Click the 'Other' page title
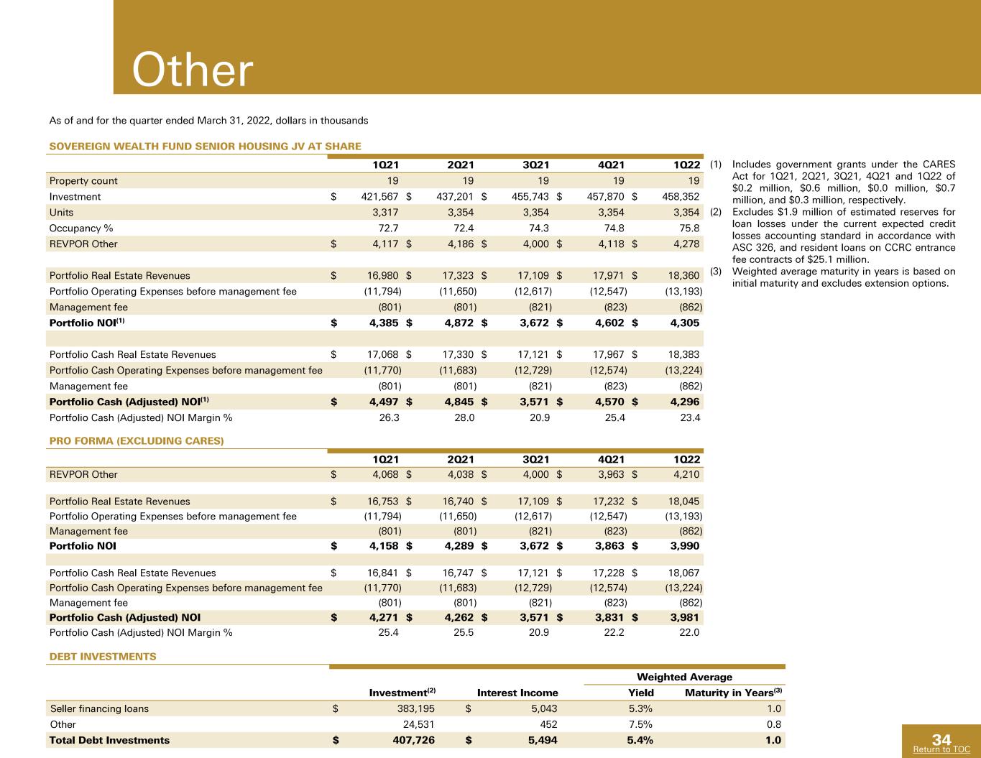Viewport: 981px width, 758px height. point(193,70)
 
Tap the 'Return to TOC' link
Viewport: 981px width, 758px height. point(941,749)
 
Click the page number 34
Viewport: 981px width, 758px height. point(941,739)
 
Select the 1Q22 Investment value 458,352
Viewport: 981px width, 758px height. point(681,197)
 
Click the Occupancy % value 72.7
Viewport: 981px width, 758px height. point(388,228)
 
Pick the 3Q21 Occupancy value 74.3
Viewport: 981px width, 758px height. point(539,228)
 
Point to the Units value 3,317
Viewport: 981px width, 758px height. point(385,213)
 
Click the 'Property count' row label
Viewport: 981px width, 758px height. point(83,181)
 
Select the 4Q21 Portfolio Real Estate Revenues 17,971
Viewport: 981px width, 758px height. point(608,276)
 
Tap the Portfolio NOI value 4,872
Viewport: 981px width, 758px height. point(459,323)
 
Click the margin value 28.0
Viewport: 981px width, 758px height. point(464,418)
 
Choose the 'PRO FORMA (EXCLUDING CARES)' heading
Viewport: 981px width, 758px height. point(137,441)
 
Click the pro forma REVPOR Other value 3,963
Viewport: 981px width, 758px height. point(611,475)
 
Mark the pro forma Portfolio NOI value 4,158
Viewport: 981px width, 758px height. point(384,546)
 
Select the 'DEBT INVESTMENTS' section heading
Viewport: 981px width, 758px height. point(103,657)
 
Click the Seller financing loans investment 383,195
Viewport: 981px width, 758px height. point(416,709)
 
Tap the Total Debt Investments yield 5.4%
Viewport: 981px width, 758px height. point(640,741)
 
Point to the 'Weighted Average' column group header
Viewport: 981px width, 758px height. point(684,677)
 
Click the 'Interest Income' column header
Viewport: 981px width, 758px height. point(517,693)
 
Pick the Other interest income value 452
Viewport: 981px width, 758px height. point(548,725)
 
